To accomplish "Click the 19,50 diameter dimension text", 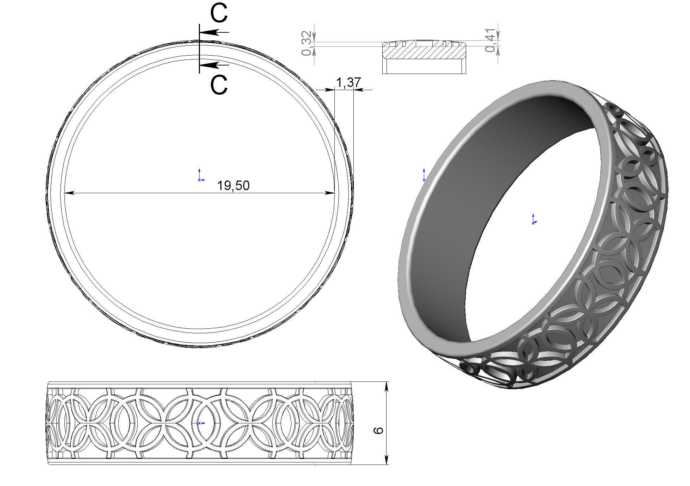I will pyautogui.click(x=233, y=185).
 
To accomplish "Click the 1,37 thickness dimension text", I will pyautogui.click(x=348, y=82).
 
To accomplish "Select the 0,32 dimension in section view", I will pyautogui.click(x=307, y=43).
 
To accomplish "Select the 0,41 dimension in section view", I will pyautogui.click(x=491, y=40).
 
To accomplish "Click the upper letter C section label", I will pyautogui.click(x=219, y=14).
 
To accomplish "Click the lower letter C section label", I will pyautogui.click(x=219, y=85).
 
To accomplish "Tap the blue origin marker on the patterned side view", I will pyautogui.click(x=200, y=423).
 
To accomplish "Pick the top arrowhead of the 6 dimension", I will pyautogui.click(x=387, y=387).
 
